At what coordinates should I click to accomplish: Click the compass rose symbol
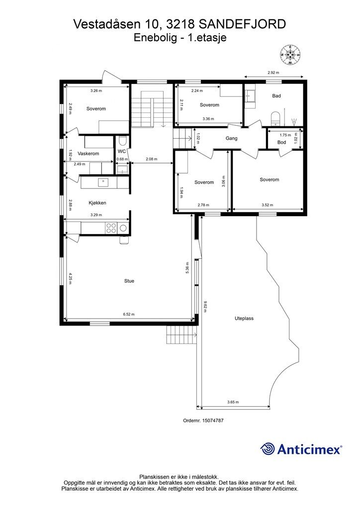(x=290, y=55)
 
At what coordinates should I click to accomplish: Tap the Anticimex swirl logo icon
(x=268, y=449)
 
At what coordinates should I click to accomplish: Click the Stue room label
(x=129, y=281)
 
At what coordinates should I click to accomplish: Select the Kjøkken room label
(x=97, y=203)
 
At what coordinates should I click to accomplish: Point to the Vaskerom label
(x=89, y=154)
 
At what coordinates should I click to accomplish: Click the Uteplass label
(x=244, y=319)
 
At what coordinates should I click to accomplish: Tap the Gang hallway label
(x=231, y=138)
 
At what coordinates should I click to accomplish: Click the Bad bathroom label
(x=276, y=96)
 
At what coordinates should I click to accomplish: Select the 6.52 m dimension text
(x=129, y=314)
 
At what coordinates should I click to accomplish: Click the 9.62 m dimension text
(x=205, y=306)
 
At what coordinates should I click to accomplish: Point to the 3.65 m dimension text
(x=233, y=402)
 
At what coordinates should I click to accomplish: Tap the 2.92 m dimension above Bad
(x=273, y=73)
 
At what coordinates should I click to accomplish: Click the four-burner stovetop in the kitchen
(x=111, y=228)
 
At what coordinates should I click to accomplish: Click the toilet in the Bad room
(x=275, y=118)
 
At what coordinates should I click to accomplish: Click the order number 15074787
(x=213, y=420)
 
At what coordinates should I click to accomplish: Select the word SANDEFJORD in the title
(x=242, y=24)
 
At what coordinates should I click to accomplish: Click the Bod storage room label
(x=282, y=142)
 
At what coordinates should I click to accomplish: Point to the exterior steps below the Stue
(x=182, y=335)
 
